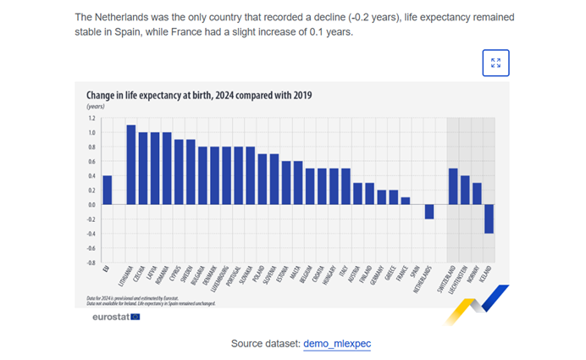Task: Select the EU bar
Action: [x=107, y=190]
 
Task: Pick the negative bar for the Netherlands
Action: [x=430, y=212]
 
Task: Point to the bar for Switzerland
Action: [x=454, y=186]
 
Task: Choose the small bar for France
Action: [x=406, y=201]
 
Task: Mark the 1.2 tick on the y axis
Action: [x=91, y=118]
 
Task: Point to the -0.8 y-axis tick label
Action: [x=90, y=263]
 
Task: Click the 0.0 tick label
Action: [x=91, y=204]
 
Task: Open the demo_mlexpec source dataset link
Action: [x=337, y=344]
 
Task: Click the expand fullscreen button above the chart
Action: [x=495, y=63]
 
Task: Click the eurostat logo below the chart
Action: [x=116, y=317]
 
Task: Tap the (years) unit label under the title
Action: [x=96, y=107]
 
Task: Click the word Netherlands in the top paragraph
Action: [x=118, y=18]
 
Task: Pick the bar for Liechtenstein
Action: [x=466, y=190]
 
